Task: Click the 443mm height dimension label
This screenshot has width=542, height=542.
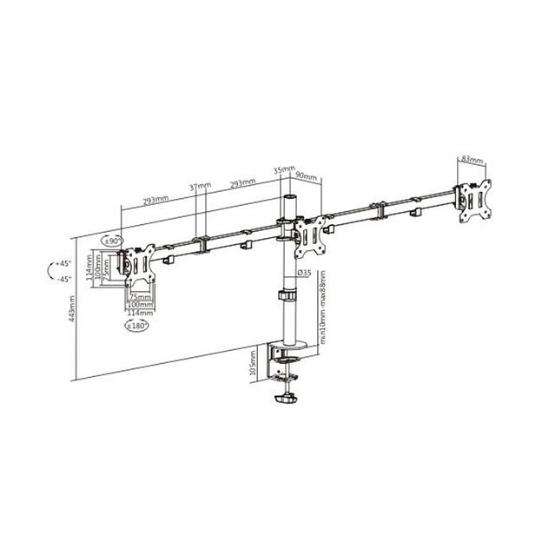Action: (x=76, y=307)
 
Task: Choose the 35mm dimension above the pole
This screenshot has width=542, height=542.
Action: (x=283, y=170)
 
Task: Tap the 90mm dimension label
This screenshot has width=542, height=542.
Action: (x=307, y=175)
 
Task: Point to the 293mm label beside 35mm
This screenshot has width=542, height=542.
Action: (x=242, y=183)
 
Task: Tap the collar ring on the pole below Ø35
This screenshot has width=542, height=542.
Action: (x=288, y=298)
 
